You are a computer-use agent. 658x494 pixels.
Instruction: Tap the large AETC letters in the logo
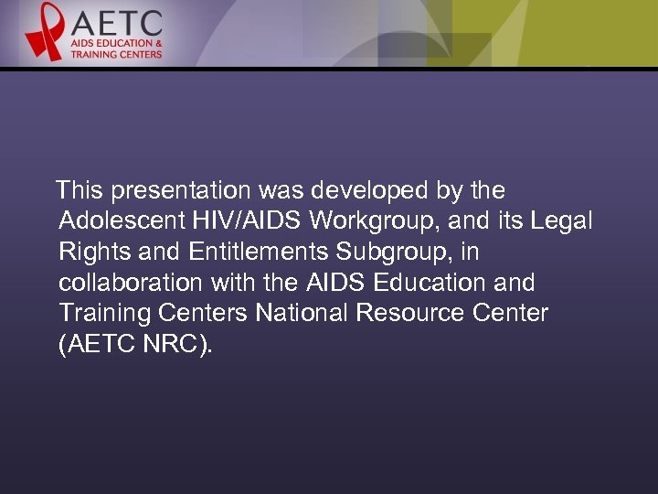click(x=116, y=22)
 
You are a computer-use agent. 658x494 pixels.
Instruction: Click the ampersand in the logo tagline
click(x=159, y=43)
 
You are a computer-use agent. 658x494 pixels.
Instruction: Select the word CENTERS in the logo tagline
click(x=140, y=54)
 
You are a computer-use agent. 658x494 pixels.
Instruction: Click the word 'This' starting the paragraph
click(x=78, y=191)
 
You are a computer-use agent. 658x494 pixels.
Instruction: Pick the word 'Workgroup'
click(x=360, y=221)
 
